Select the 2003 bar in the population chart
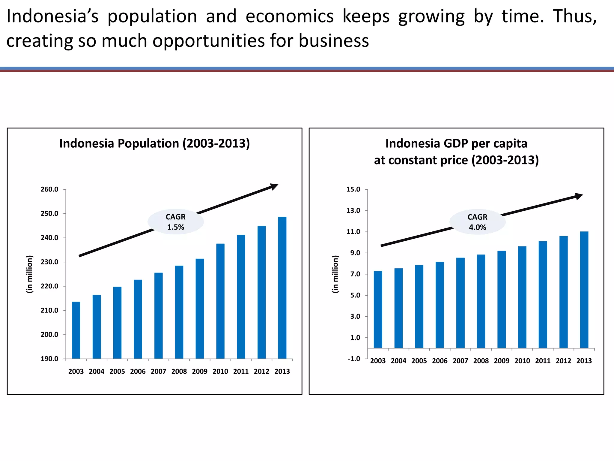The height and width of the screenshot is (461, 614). coord(76,330)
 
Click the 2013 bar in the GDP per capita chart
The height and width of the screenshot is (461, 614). coord(584,290)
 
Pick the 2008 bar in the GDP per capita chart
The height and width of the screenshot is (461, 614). coord(481,301)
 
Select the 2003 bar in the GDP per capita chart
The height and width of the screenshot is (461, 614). coord(378,309)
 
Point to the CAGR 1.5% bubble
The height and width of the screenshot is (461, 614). coord(176,222)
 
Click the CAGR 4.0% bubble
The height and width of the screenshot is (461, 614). coord(477,222)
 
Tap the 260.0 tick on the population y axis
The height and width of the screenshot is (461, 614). coord(49,189)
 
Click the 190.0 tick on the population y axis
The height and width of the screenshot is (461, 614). coord(49,359)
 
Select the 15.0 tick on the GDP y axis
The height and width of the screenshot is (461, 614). coord(353,189)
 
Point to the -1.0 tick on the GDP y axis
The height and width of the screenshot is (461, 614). coord(354,359)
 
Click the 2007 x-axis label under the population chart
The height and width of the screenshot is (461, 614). coord(158,372)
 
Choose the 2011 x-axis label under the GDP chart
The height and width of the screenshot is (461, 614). coord(543,361)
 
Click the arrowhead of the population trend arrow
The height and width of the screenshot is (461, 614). coord(274,187)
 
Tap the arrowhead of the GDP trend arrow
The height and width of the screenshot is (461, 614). coord(579,196)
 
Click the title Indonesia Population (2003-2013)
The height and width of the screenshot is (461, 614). coord(154,143)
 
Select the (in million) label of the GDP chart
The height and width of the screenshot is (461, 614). coord(335,274)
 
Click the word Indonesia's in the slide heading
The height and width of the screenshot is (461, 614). coord(52,16)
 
